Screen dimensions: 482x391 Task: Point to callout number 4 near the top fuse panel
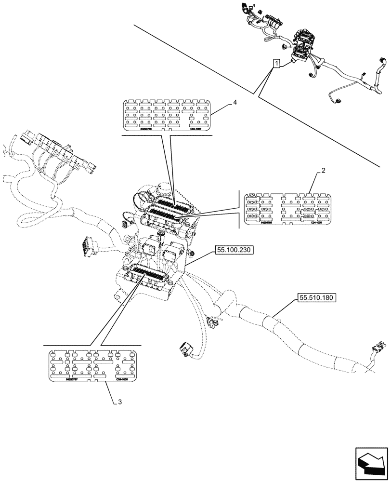[x=235, y=102]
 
